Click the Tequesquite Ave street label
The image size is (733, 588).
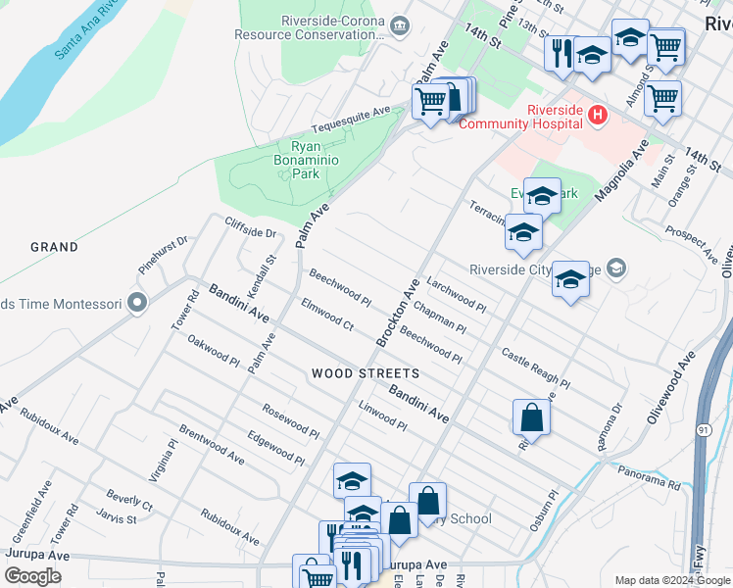point(351,122)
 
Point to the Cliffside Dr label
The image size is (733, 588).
point(251,227)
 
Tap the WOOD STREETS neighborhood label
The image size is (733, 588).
point(366,373)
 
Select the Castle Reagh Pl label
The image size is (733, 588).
point(535,367)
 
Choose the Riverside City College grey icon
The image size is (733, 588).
point(615,268)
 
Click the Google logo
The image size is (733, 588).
point(32,576)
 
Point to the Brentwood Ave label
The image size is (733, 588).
point(212,444)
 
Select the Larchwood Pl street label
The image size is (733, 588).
point(457,291)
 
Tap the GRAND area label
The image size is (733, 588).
point(54,247)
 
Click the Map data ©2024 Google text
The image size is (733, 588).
point(672,580)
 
